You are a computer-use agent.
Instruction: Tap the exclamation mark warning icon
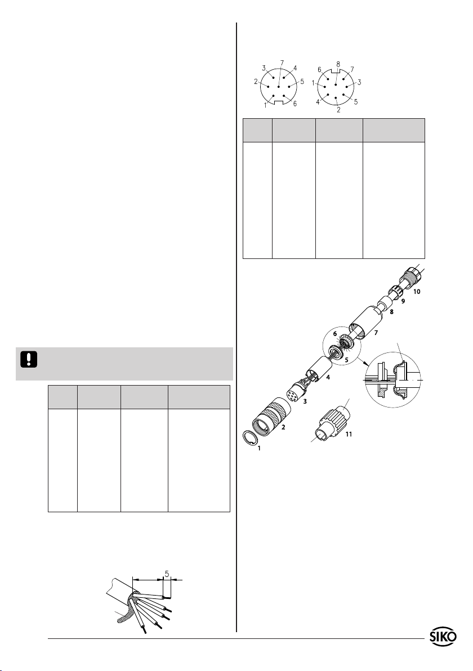click(x=29, y=360)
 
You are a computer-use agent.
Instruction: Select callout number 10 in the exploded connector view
click(x=417, y=292)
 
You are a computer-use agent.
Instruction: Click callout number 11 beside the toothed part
click(x=349, y=434)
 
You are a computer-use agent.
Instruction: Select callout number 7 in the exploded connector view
click(x=376, y=332)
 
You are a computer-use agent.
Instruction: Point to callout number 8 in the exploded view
click(x=391, y=312)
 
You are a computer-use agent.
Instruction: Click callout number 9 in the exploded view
click(x=403, y=301)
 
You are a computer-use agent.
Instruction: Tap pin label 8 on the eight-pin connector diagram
click(x=338, y=64)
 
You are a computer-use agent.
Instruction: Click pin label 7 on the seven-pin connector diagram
click(x=281, y=62)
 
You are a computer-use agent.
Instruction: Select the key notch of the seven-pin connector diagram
click(x=279, y=102)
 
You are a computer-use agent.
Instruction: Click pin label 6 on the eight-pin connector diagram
click(x=320, y=70)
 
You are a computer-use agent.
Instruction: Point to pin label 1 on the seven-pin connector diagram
click(x=265, y=105)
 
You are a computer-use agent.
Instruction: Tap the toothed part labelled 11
click(x=332, y=426)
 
